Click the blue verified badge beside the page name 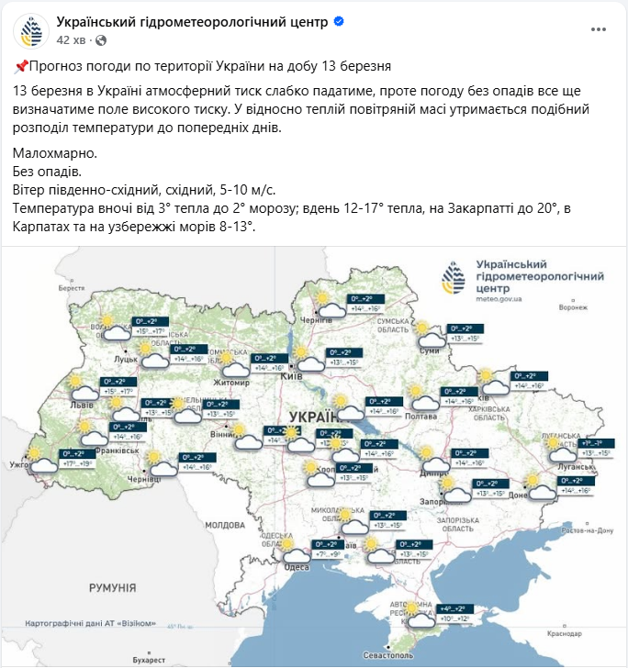click(x=339, y=21)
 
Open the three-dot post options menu click(x=598, y=30)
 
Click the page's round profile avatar click(x=31, y=31)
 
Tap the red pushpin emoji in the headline click(x=22, y=66)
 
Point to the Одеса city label click(x=297, y=566)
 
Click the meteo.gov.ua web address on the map click(x=500, y=298)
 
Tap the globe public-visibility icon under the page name click(x=101, y=40)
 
